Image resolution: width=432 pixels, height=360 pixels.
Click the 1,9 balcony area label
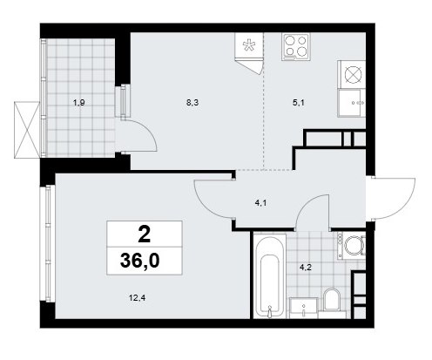click(x=78, y=103)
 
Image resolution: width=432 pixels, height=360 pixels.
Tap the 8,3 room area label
click(x=192, y=103)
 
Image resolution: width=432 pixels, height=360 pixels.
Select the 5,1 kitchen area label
click(x=299, y=103)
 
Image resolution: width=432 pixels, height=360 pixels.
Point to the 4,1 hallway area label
click(x=260, y=203)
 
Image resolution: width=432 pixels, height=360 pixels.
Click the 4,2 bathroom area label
click(x=306, y=268)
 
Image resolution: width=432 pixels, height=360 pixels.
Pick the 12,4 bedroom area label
click(x=137, y=297)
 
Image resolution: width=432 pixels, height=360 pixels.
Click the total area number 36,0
click(x=139, y=261)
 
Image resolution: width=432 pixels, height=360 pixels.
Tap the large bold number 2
click(x=145, y=234)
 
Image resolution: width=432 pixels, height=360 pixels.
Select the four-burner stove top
click(x=295, y=46)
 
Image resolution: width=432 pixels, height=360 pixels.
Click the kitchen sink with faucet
click(x=351, y=103)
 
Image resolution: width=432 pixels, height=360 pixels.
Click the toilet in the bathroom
click(x=332, y=302)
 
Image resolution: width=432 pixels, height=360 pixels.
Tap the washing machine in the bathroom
click(x=351, y=246)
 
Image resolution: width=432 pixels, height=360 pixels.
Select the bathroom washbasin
click(x=303, y=308)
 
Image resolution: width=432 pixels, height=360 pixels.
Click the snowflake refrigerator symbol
click(x=249, y=45)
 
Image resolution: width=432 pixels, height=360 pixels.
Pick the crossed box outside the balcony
click(x=27, y=130)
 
